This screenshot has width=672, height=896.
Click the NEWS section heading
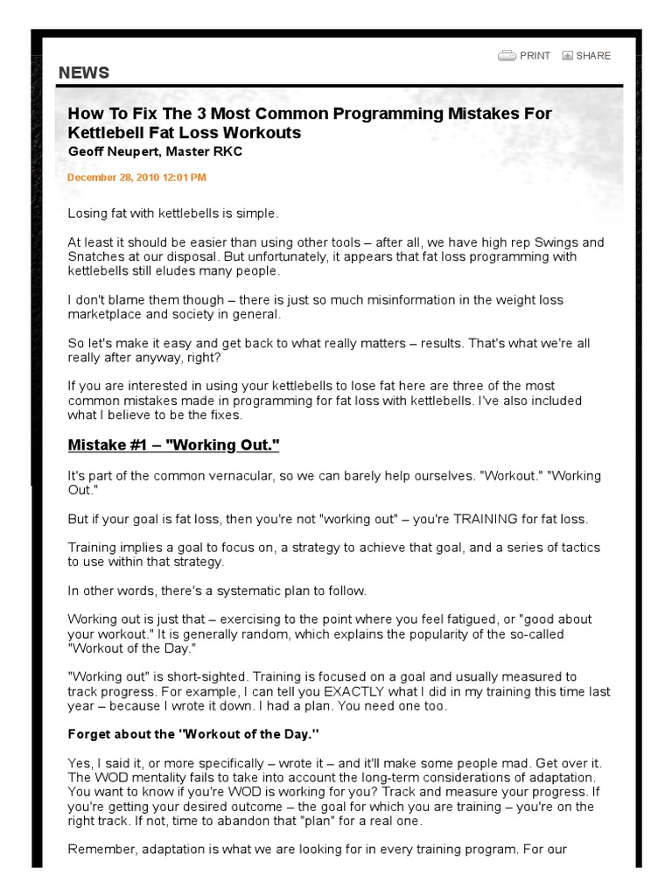pyautogui.click(x=84, y=73)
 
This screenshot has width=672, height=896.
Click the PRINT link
pyautogui.click(x=535, y=56)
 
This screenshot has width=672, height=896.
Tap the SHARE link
pyautogui.click(x=593, y=56)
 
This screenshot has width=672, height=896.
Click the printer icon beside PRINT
pyautogui.click(x=507, y=56)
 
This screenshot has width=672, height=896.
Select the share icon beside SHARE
pyautogui.click(x=567, y=56)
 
